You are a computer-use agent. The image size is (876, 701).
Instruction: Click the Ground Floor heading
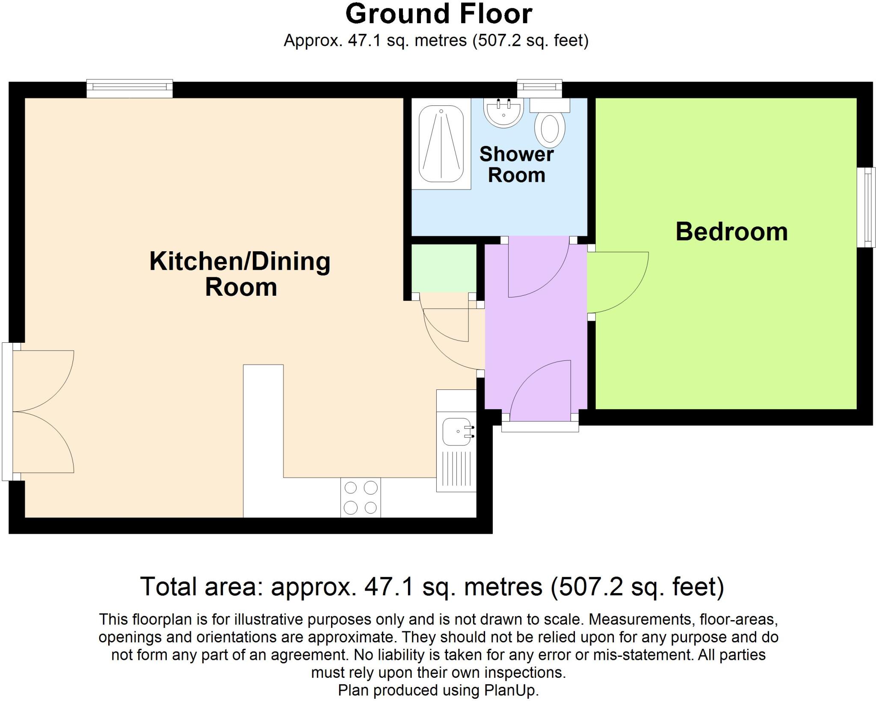point(438,14)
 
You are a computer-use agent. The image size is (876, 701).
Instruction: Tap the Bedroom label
point(731,232)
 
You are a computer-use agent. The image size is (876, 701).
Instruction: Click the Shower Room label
point(516,165)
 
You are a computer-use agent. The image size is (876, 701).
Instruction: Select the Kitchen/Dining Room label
point(240,274)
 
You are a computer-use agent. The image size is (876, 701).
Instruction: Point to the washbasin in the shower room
point(503,113)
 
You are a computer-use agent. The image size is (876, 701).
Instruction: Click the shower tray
point(441,144)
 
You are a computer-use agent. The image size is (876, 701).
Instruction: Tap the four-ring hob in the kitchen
point(361,497)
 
